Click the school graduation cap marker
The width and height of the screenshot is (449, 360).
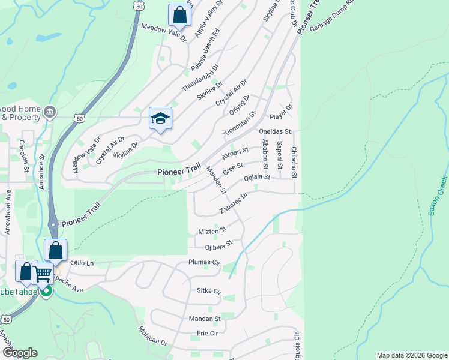click(x=161, y=118)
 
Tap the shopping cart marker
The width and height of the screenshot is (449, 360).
click(x=43, y=274)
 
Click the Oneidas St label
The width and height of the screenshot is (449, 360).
click(x=274, y=131)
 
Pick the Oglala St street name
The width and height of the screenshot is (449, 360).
click(x=258, y=178)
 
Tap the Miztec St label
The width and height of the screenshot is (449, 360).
click(x=212, y=230)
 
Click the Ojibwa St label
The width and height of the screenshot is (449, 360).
click(x=218, y=245)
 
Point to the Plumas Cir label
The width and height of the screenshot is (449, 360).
click(x=205, y=263)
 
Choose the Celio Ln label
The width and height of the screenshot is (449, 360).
click(x=82, y=263)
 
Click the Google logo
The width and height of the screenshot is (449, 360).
click(x=20, y=353)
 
